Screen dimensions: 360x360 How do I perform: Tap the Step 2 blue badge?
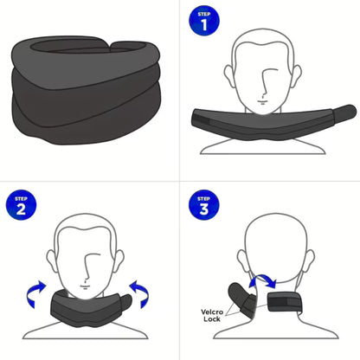point(21,206)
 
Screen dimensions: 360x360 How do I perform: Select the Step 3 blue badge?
point(204,206)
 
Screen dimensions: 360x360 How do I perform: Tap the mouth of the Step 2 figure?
point(87,281)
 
